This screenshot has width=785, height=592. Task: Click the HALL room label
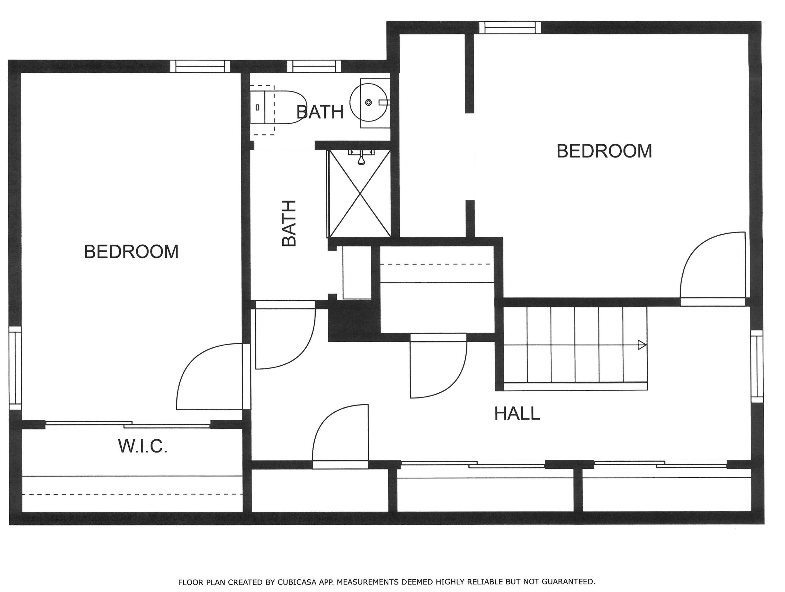pyautogui.click(x=517, y=413)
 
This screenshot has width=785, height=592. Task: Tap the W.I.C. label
pyautogui.click(x=143, y=446)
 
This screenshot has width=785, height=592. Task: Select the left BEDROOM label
pyautogui.click(x=131, y=252)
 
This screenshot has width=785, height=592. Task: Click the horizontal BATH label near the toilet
pyautogui.click(x=320, y=112)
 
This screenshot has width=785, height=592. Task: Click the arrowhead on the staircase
pyautogui.click(x=642, y=345)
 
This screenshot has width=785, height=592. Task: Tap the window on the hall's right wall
pyautogui.click(x=757, y=366)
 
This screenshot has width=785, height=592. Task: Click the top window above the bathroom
pyautogui.click(x=314, y=66)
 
